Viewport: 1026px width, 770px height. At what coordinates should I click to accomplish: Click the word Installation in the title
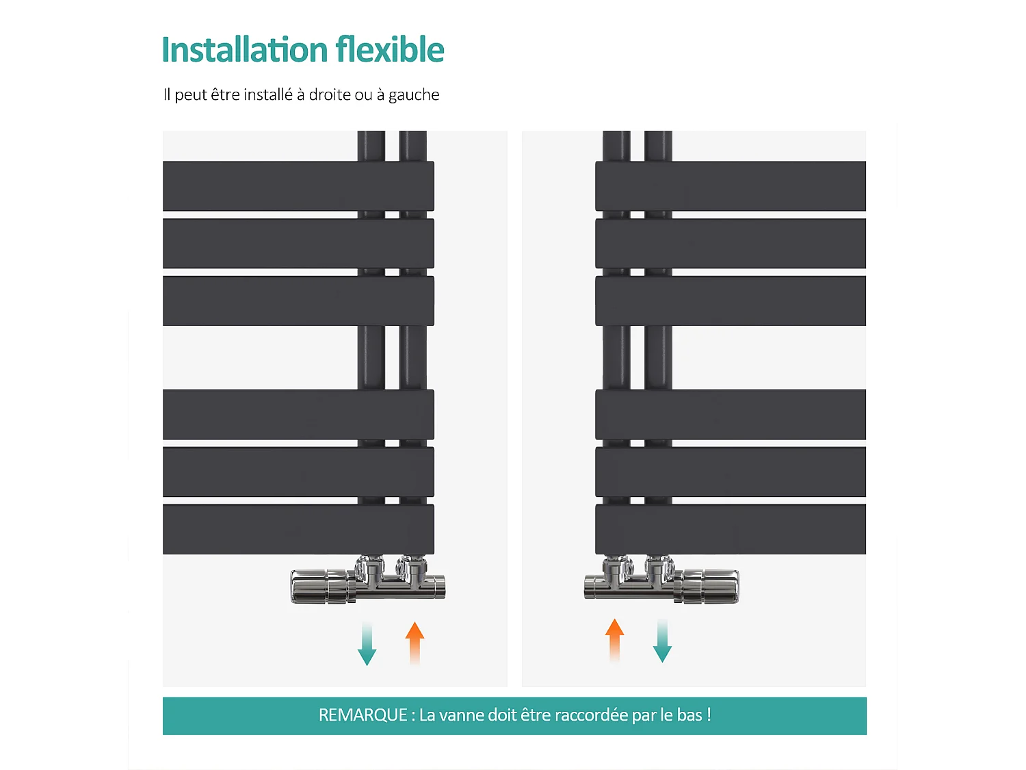coord(245,50)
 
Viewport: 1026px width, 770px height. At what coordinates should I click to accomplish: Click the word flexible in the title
coord(390,50)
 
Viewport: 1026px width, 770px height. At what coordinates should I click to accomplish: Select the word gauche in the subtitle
coord(414,95)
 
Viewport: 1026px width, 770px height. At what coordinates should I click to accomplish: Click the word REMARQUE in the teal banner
coord(363,715)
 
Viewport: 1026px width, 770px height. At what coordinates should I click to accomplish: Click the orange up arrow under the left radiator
coord(415,642)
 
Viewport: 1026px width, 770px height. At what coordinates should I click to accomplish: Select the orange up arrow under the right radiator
coord(615,640)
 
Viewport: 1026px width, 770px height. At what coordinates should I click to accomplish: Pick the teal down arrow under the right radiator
coord(662,641)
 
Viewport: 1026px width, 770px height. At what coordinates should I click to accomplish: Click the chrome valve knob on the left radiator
coord(321,587)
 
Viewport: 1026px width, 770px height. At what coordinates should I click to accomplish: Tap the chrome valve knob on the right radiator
coord(709,586)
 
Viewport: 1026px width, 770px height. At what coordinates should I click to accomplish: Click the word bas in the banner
coord(689,715)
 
